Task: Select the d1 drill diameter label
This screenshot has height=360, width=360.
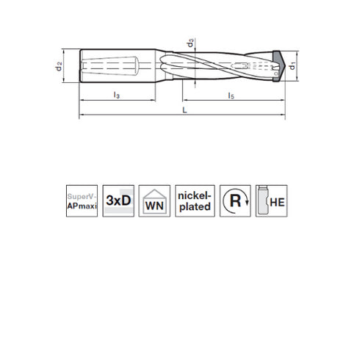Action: [292, 68]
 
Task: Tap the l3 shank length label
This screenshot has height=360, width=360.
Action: [117, 96]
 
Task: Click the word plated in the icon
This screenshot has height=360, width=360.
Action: [195, 207]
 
